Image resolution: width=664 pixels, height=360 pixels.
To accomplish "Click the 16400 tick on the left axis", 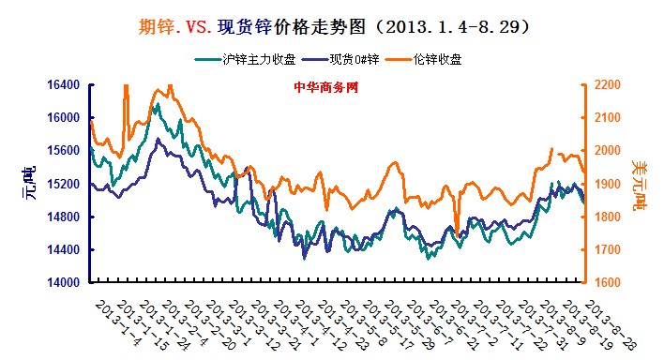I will [x=63, y=85].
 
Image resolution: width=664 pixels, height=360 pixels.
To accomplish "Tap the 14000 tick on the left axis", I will [x=63, y=283].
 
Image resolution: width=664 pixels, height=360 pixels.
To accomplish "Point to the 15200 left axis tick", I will [x=63, y=185].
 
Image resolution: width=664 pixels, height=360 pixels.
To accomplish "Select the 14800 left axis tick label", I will [x=63, y=217].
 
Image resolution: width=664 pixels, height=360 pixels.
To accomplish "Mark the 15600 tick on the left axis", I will [x=63, y=151].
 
